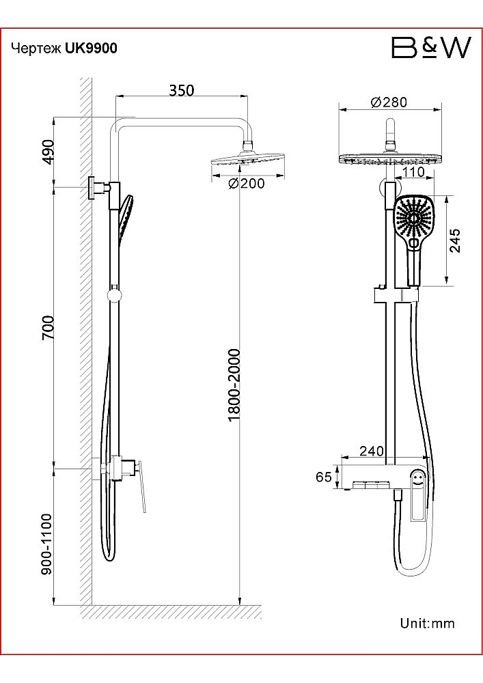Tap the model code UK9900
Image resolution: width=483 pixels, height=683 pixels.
pos(91,48)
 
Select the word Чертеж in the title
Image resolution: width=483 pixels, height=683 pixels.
pos(37,48)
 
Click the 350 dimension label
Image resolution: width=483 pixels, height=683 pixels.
pos(182,90)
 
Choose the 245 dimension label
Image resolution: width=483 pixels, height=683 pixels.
pos(456,240)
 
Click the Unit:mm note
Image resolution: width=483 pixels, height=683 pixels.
pos(427,623)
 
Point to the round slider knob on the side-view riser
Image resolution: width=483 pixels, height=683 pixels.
pos(114,295)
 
